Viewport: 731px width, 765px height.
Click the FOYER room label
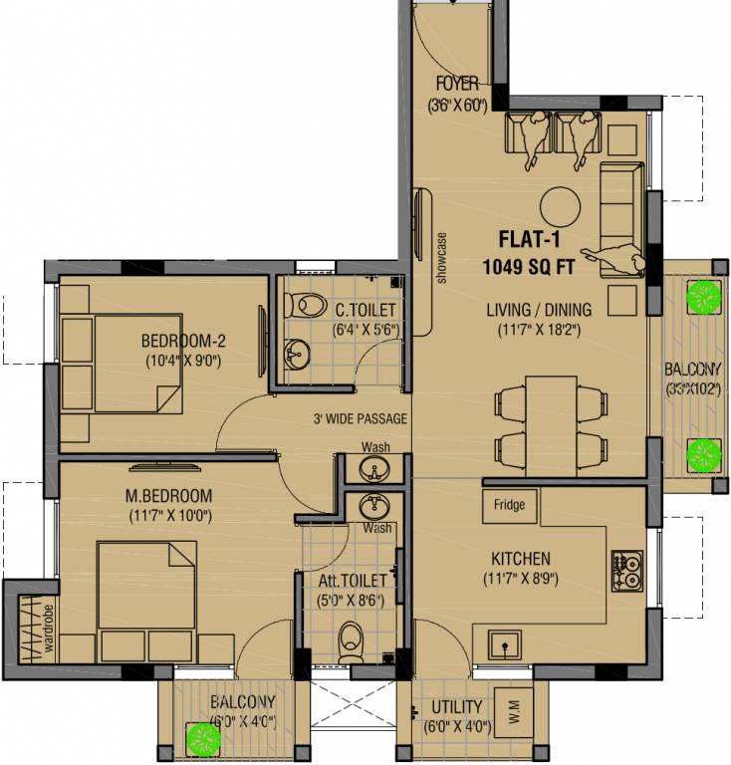[456, 83]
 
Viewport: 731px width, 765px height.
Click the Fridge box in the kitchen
[509, 505]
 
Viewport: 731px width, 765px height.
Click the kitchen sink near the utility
[508, 646]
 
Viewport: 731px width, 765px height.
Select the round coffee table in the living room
[560, 207]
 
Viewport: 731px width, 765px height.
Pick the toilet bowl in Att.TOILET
[351, 639]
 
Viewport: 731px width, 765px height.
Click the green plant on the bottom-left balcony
[205, 738]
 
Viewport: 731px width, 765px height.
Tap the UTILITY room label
[456, 707]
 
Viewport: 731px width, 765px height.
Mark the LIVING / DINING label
[538, 309]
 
